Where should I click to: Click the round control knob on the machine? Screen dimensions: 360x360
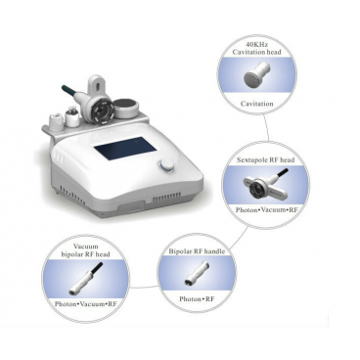coord(166,166)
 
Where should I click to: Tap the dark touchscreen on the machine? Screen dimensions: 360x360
coord(125,148)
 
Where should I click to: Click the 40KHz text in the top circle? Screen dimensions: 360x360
coord(258,44)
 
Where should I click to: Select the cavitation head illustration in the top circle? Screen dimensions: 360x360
coord(257,74)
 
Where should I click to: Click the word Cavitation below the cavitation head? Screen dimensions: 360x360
coord(257,104)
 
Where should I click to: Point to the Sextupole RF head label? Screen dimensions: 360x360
coord(266,159)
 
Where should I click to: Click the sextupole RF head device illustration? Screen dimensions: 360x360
coord(267,184)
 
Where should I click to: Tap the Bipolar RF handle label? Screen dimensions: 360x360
coord(197,251)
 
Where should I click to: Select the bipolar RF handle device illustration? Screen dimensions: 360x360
coord(196,272)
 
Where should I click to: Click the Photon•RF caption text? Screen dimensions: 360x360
coord(197,298)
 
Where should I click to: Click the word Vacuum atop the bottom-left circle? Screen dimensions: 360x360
coord(86,247)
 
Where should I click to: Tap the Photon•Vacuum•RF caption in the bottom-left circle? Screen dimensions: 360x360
coord(86,304)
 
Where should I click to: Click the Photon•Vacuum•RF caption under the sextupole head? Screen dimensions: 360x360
coord(267,210)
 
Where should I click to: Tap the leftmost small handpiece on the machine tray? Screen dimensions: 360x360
coord(57,120)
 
